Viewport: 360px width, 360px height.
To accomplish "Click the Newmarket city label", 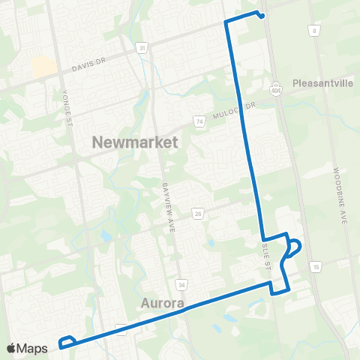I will coord(134,142).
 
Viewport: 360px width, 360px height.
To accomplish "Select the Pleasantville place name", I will coord(323,83).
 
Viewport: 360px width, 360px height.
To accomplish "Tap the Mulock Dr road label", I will coord(239,110).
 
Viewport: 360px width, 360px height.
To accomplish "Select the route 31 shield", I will coord(142,47).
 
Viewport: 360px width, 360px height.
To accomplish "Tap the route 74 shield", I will coord(198,121).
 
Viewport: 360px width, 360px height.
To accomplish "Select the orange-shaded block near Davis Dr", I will coord(43,67).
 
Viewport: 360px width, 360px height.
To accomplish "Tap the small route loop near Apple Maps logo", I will coord(67,341).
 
